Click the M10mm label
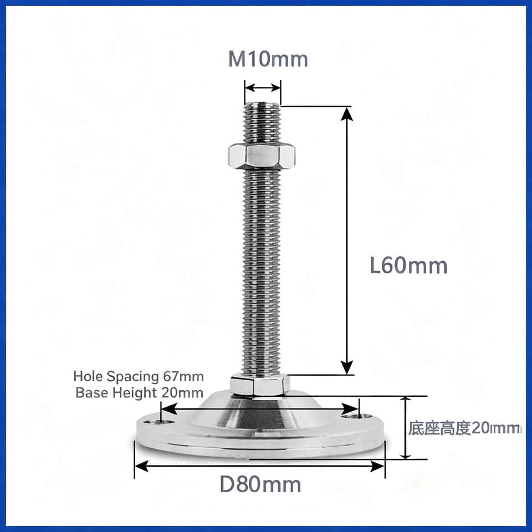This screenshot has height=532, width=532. coord(268,59)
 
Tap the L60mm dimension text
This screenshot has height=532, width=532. coord(408,265)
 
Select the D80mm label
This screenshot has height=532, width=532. coord(260,484)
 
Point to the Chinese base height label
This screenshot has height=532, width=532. coord(464,428)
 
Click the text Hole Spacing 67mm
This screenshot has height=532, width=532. coord(139,376)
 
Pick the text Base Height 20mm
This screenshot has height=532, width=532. coord(139,392)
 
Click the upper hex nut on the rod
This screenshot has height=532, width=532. coord(262,156)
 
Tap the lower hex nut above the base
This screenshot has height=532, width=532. coord(259,385)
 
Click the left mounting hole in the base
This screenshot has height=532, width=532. coord(159,422)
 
